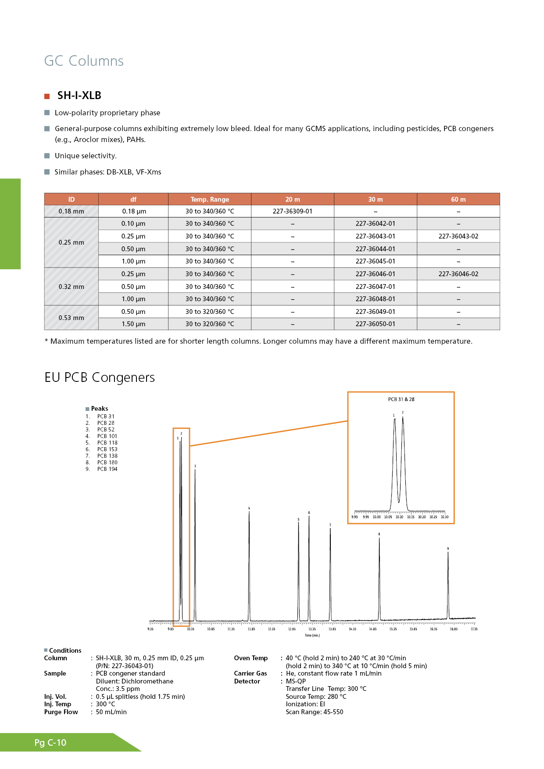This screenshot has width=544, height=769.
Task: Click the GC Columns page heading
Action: pos(84,61)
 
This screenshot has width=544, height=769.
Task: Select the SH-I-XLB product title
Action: pos(79,96)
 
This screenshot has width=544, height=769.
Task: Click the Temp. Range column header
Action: pos(210,199)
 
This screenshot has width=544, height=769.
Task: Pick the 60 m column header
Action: pos(458,199)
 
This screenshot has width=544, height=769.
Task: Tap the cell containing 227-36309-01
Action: pos(293,211)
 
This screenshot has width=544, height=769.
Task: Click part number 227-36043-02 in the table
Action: pos(458,236)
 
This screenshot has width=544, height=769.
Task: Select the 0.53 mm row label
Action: pos(71,318)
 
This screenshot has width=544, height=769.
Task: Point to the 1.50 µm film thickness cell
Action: pos(133,324)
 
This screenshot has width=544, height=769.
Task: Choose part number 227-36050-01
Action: pos(375,324)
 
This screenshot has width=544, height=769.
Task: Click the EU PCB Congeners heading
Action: pos(100,377)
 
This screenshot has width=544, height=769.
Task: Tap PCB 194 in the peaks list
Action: pos(107,469)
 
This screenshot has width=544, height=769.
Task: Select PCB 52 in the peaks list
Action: pos(106,430)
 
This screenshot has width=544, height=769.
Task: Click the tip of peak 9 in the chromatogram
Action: pos(448,552)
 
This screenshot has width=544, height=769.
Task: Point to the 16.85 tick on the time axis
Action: pos(454,629)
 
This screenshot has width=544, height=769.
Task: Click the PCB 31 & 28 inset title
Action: pos(401,399)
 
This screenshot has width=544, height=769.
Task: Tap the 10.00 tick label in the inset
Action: pos(376,517)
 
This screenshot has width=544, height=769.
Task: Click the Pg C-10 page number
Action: pos(50,743)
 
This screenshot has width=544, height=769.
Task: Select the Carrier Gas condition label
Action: pos(251,673)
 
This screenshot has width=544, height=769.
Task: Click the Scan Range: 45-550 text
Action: pos(314,712)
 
